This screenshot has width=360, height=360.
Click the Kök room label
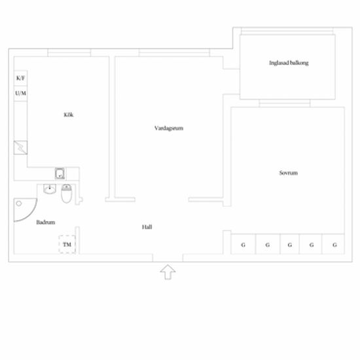69,115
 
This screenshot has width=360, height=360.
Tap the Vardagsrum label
169,128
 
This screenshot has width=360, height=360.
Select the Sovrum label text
289,173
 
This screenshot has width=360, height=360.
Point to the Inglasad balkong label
289,63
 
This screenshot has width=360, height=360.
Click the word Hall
147,227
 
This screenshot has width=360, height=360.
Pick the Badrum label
46,223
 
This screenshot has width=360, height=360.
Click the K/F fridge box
20,78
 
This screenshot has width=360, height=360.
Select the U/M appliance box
20,94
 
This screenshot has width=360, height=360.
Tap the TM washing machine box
67,245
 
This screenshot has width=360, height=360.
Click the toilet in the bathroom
67,194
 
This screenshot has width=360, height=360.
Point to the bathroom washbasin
50,189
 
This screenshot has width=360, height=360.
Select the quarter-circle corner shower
25,209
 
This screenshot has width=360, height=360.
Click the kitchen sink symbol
60,173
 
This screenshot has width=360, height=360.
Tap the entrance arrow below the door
168,272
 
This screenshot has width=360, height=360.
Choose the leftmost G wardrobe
243,244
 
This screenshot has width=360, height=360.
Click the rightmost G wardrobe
333,244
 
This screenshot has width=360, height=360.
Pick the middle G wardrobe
289,244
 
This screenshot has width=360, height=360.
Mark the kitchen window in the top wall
69,52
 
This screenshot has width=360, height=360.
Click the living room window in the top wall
174,52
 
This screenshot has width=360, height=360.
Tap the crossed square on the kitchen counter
20,147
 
